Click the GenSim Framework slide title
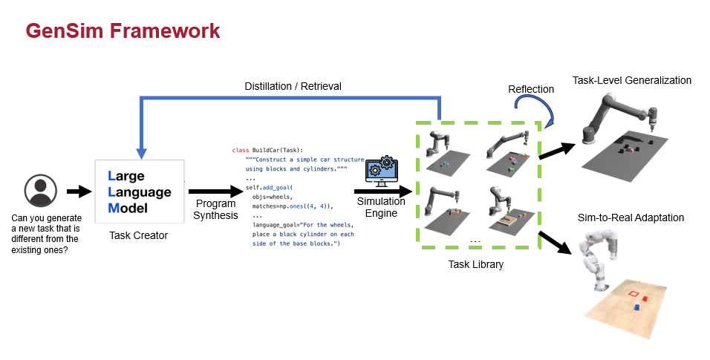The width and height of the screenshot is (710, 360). click(123, 30)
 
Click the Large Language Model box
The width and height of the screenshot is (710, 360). click(140, 192)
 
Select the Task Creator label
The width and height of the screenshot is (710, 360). click(139, 235)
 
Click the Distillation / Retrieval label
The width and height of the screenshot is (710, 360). click(293, 86)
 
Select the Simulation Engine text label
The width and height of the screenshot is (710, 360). click(381, 208)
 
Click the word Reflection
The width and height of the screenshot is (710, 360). click(531, 89)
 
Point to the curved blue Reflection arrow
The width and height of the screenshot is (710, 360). click(545, 111)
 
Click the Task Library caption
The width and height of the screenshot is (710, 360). click(475, 264)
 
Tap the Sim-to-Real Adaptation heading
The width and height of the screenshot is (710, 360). click(631, 217)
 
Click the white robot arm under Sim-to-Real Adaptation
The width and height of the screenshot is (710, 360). click(602, 256)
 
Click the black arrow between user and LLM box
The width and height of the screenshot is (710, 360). click(77, 192)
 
